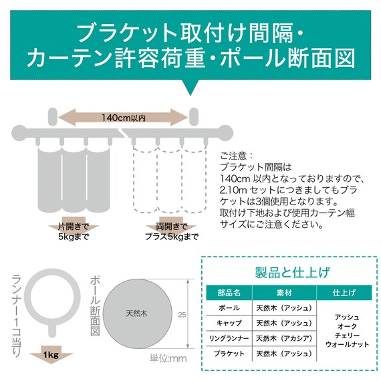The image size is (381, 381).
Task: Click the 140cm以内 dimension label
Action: pyautogui.click(x=123, y=118)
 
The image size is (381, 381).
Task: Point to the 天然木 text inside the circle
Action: pyautogui.click(x=136, y=312)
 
